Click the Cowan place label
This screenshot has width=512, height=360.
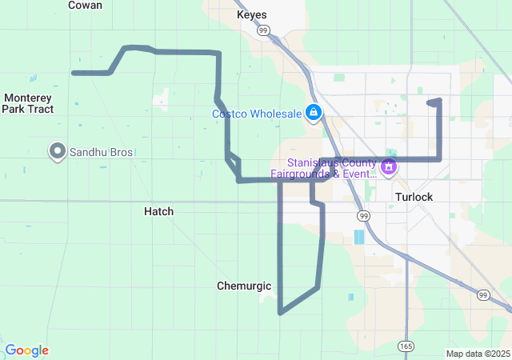[x=85, y=5]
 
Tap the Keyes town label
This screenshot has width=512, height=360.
[x=252, y=15]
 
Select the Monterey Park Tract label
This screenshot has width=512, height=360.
[x=28, y=103]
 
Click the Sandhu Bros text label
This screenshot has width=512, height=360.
[x=102, y=151]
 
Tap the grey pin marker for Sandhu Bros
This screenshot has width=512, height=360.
[x=58, y=150]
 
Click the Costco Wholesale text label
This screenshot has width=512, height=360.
[x=257, y=114]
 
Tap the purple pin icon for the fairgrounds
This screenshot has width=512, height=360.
[x=389, y=167]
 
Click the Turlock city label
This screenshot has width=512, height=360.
[x=414, y=197]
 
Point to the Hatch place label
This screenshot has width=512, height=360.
[x=158, y=211]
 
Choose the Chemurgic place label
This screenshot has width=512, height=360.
[x=244, y=286]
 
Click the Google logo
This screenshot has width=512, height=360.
[x=27, y=350]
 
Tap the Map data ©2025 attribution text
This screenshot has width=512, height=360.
[x=477, y=354]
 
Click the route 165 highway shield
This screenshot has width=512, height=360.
[x=406, y=346]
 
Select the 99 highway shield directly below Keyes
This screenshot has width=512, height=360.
[x=263, y=30]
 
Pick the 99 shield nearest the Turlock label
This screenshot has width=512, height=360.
[x=364, y=216]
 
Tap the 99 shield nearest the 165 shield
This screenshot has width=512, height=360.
[x=482, y=295]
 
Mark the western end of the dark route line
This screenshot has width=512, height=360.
[x=74, y=73]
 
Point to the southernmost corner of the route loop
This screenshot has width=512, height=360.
[x=280, y=313]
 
